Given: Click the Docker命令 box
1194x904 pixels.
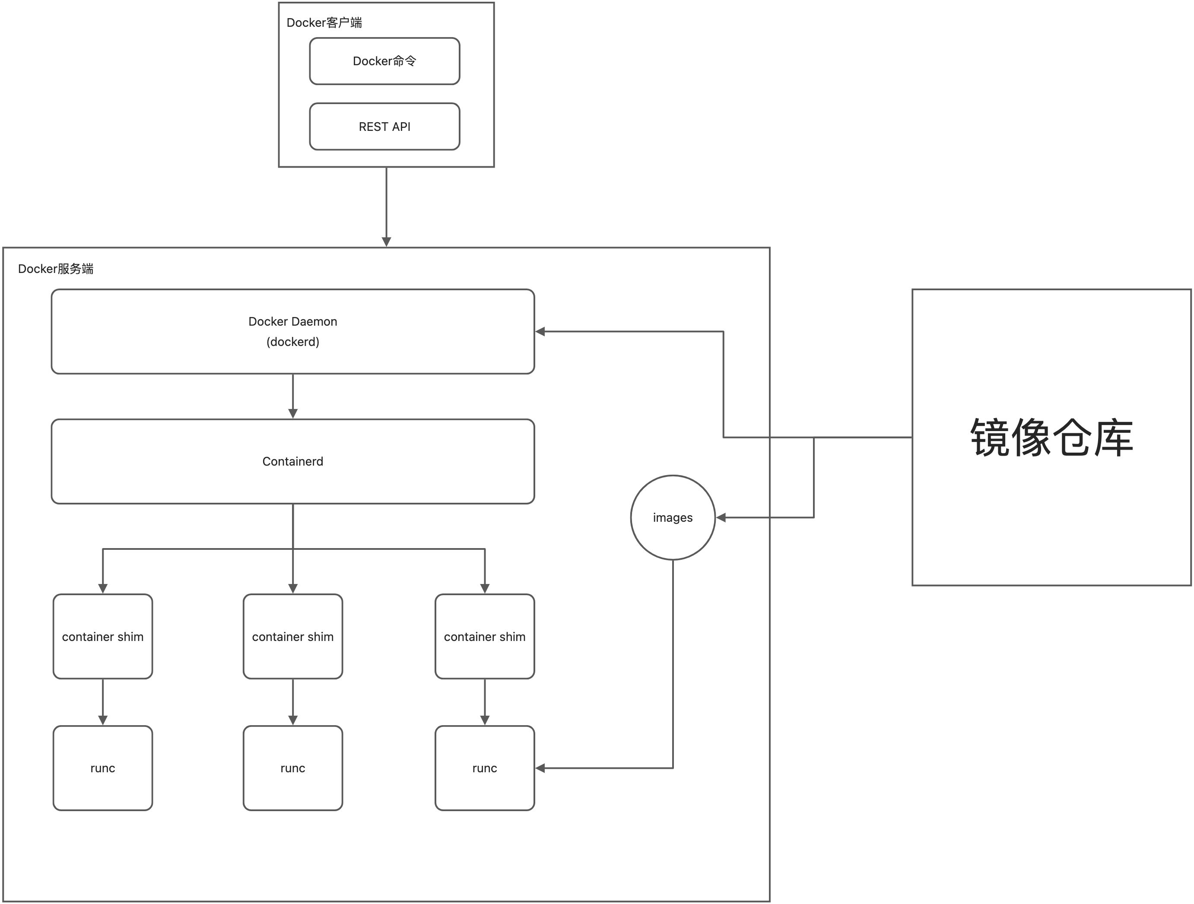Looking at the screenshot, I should pyautogui.click(x=384, y=61).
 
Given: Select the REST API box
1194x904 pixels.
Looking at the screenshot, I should pyautogui.click(x=384, y=126).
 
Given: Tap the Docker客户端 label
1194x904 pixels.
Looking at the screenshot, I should pyautogui.click(x=324, y=22).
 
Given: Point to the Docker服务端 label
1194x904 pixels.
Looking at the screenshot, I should pyautogui.click(x=56, y=269).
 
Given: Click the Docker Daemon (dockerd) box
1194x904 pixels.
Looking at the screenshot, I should pyautogui.click(x=292, y=331).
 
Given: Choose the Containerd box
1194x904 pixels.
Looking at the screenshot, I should pyautogui.click(x=292, y=461).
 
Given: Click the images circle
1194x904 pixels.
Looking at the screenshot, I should pyautogui.click(x=673, y=517).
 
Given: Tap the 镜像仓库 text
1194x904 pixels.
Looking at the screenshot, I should pyautogui.click(x=1051, y=438).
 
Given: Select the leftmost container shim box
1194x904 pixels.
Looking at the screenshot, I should pyautogui.click(x=102, y=637).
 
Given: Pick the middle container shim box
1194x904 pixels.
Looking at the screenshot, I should pyautogui.click(x=292, y=637).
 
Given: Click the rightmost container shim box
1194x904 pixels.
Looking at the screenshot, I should pyautogui.click(x=484, y=637).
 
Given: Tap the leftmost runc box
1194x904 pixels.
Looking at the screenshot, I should pyautogui.click(x=102, y=768).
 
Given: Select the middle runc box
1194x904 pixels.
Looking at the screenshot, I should pyautogui.click(x=292, y=768).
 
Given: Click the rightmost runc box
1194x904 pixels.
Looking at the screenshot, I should pyautogui.click(x=484, y=768).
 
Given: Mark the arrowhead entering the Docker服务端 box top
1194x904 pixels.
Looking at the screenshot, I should pyautogui.click(x=387, y=241).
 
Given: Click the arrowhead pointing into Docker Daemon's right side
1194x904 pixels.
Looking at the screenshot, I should pyautogui.click(x=540, y=331).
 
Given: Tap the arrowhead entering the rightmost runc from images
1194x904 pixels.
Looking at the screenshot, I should pyautogui.click(x=540, y=768).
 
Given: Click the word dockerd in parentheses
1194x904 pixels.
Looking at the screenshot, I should pyautogui.click(x=292, y=342).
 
